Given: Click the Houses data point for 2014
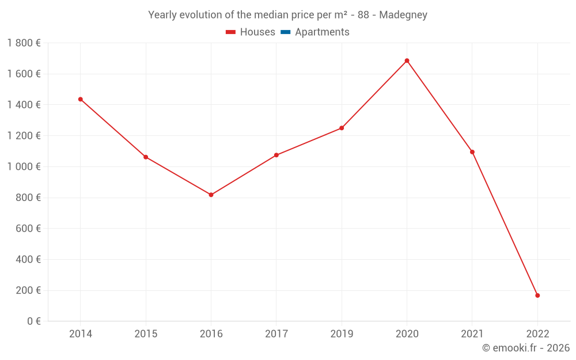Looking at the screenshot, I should [81, 99].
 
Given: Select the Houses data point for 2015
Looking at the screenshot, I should [146, 157].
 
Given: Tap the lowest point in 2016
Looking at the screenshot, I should [211, 195].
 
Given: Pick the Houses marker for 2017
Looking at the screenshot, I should [276, 155].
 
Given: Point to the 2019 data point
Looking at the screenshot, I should [342, 128].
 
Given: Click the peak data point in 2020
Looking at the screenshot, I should [407, 60].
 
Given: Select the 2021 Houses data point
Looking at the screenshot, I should [472, 152].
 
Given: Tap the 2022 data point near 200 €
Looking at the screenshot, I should [537, 295].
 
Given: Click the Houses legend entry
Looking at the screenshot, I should [251, 32].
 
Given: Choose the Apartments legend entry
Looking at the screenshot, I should [315, 32].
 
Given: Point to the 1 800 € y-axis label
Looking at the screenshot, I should [24, 43].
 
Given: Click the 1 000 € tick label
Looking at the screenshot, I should [24, 166].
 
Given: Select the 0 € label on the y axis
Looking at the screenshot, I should [32, 321].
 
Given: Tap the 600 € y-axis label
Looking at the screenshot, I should [28, 228].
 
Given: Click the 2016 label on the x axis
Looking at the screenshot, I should [211, 334].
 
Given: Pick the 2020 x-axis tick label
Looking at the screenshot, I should [407, 334].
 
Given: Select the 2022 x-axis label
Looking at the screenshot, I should [537, 334].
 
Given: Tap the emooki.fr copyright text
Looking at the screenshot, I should [526, 348].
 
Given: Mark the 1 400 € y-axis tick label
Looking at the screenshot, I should [24, 105].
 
